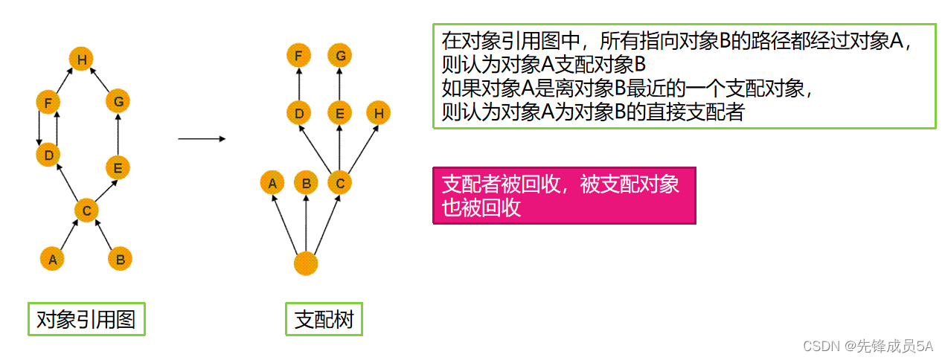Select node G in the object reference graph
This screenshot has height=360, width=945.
point(118,100)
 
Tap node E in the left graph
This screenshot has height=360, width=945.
point(118,167)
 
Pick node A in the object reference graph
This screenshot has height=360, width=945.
point(51,259)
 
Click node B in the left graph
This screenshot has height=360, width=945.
point(120,259)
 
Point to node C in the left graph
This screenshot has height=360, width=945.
point(86,211)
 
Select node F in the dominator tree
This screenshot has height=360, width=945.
point(298,55)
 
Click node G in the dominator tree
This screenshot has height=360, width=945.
point(340,55)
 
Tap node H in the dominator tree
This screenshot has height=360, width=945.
point(379,113)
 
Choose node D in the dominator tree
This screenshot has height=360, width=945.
point(298,113)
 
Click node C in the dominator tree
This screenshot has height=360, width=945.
point(340,181)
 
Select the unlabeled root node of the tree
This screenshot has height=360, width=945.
point(306,263)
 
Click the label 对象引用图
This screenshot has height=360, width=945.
point(86,319)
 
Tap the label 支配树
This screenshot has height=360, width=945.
point(324,320)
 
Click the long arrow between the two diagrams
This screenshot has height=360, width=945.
point(201,138)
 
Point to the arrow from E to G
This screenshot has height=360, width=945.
point(118,134)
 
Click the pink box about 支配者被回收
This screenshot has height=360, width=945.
point(564,195)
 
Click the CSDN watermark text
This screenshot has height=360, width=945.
point(868,346)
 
